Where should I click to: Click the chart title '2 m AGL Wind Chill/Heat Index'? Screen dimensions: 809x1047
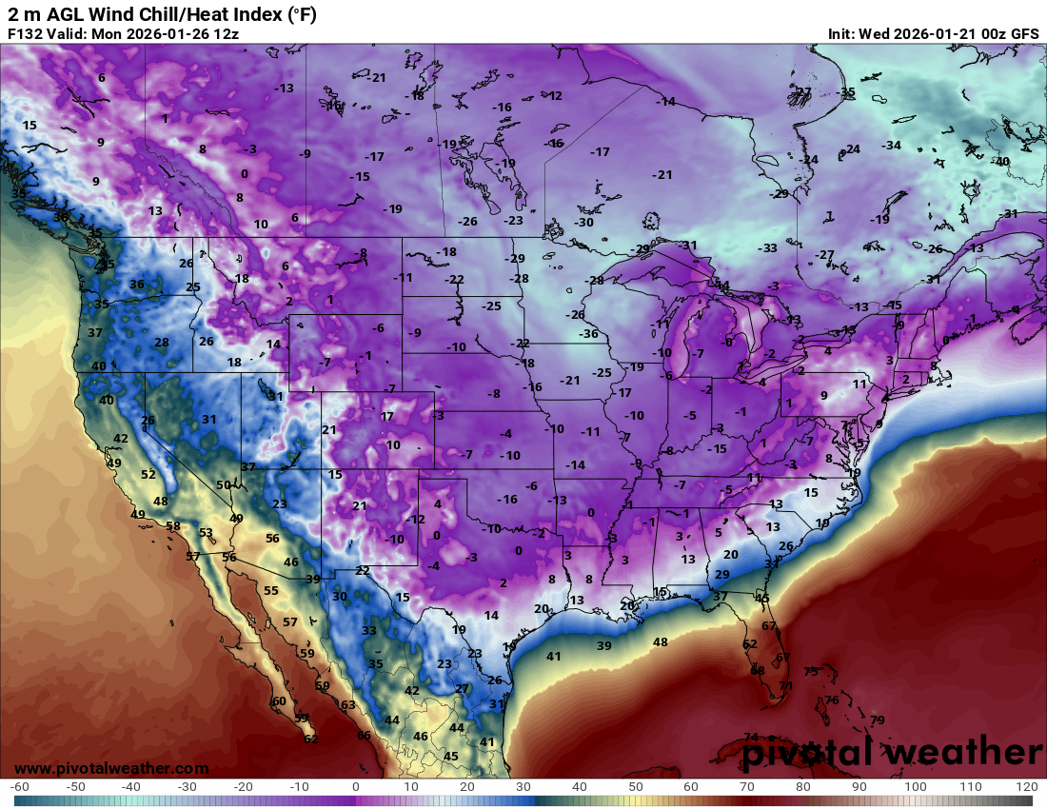[x=162, y=14]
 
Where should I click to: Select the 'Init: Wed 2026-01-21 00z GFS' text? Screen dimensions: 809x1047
[x=933, y=34]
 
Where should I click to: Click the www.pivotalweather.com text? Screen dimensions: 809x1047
[x=111, y=768]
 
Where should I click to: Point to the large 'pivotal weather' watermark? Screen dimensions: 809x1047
[x=893, y=752]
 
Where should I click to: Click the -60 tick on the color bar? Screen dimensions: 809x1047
[x=20, y=787]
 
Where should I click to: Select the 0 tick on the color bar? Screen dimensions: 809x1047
[x=356, y=787]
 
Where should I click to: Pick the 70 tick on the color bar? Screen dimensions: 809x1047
[x=748, y=787]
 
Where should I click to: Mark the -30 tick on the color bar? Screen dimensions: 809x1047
[x=188, y=787]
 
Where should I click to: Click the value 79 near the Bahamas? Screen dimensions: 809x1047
[x=877, y=720]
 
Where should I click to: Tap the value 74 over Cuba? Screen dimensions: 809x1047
[x=751, y=737]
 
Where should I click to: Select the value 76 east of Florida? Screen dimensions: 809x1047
[x=832, y=700]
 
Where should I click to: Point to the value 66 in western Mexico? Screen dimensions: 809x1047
[x=364, y=735]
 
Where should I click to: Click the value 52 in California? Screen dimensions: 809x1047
[x=148, y=474]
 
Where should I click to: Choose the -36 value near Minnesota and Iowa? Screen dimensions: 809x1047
[x=589, y=333]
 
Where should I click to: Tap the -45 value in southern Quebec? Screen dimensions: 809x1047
[x=893, y=305]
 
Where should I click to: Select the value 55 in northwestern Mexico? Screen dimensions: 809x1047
[x=271, y=590]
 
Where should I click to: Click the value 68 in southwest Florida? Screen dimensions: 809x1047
[x=758, y=670]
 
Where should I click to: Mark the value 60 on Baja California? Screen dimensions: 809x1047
[x=279, y=700]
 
